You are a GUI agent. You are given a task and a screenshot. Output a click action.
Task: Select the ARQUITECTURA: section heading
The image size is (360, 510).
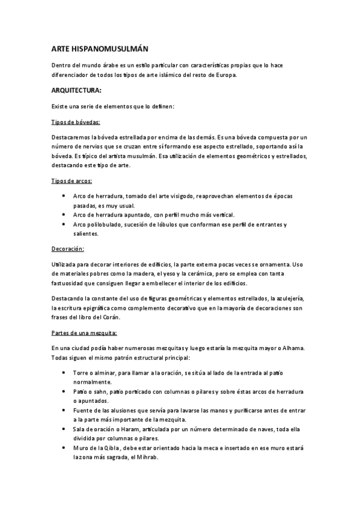tap(76, 91)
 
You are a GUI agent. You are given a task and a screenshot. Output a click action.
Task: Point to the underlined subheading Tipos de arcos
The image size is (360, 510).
tap(72, 180)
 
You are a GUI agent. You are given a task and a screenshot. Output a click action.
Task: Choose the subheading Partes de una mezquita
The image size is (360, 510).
tap(84, 333)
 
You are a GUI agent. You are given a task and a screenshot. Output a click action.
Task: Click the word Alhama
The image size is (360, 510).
tap(291, 348)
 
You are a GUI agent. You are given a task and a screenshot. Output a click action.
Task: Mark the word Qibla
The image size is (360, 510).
tap(113, 448)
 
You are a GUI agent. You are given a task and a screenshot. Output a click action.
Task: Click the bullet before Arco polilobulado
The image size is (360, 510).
tap(64, 224)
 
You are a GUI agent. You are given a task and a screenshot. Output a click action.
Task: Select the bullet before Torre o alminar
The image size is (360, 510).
tap(64, 372)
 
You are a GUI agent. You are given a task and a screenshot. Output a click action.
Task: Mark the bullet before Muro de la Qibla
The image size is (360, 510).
tap(64, 448)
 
